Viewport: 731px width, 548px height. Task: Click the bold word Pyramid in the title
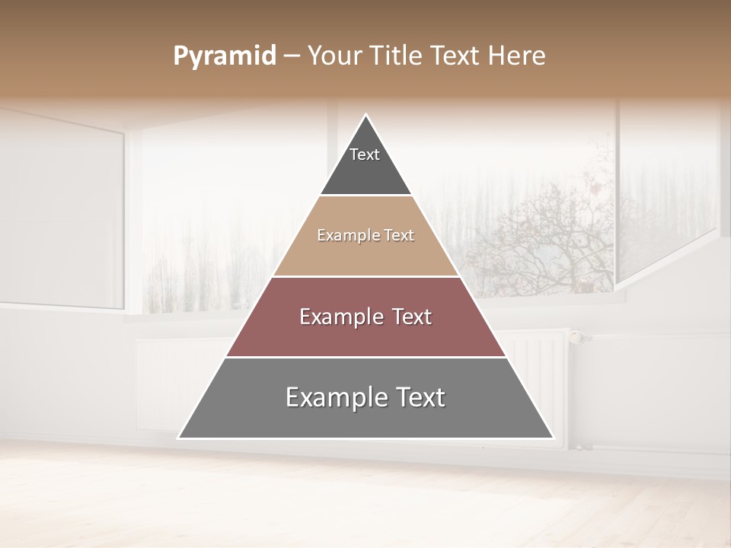click(x=225, y=56)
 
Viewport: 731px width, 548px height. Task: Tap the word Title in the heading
click(x=394, y=56)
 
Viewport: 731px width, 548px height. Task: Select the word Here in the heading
click(x=516, y=56)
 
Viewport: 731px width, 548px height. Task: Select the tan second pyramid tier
click(x=365, y=255)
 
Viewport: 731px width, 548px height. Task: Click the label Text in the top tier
click(x=365, y=155)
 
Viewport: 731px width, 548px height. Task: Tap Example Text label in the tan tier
click(x=365, y=235)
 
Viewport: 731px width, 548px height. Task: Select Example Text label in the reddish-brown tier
click(x=365, y=317)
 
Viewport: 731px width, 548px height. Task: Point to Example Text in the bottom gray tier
click(x=365, y=397)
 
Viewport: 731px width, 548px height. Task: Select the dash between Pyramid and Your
click(x=292, y=56)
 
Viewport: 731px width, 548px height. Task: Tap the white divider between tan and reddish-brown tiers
click(x=365, y=276)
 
